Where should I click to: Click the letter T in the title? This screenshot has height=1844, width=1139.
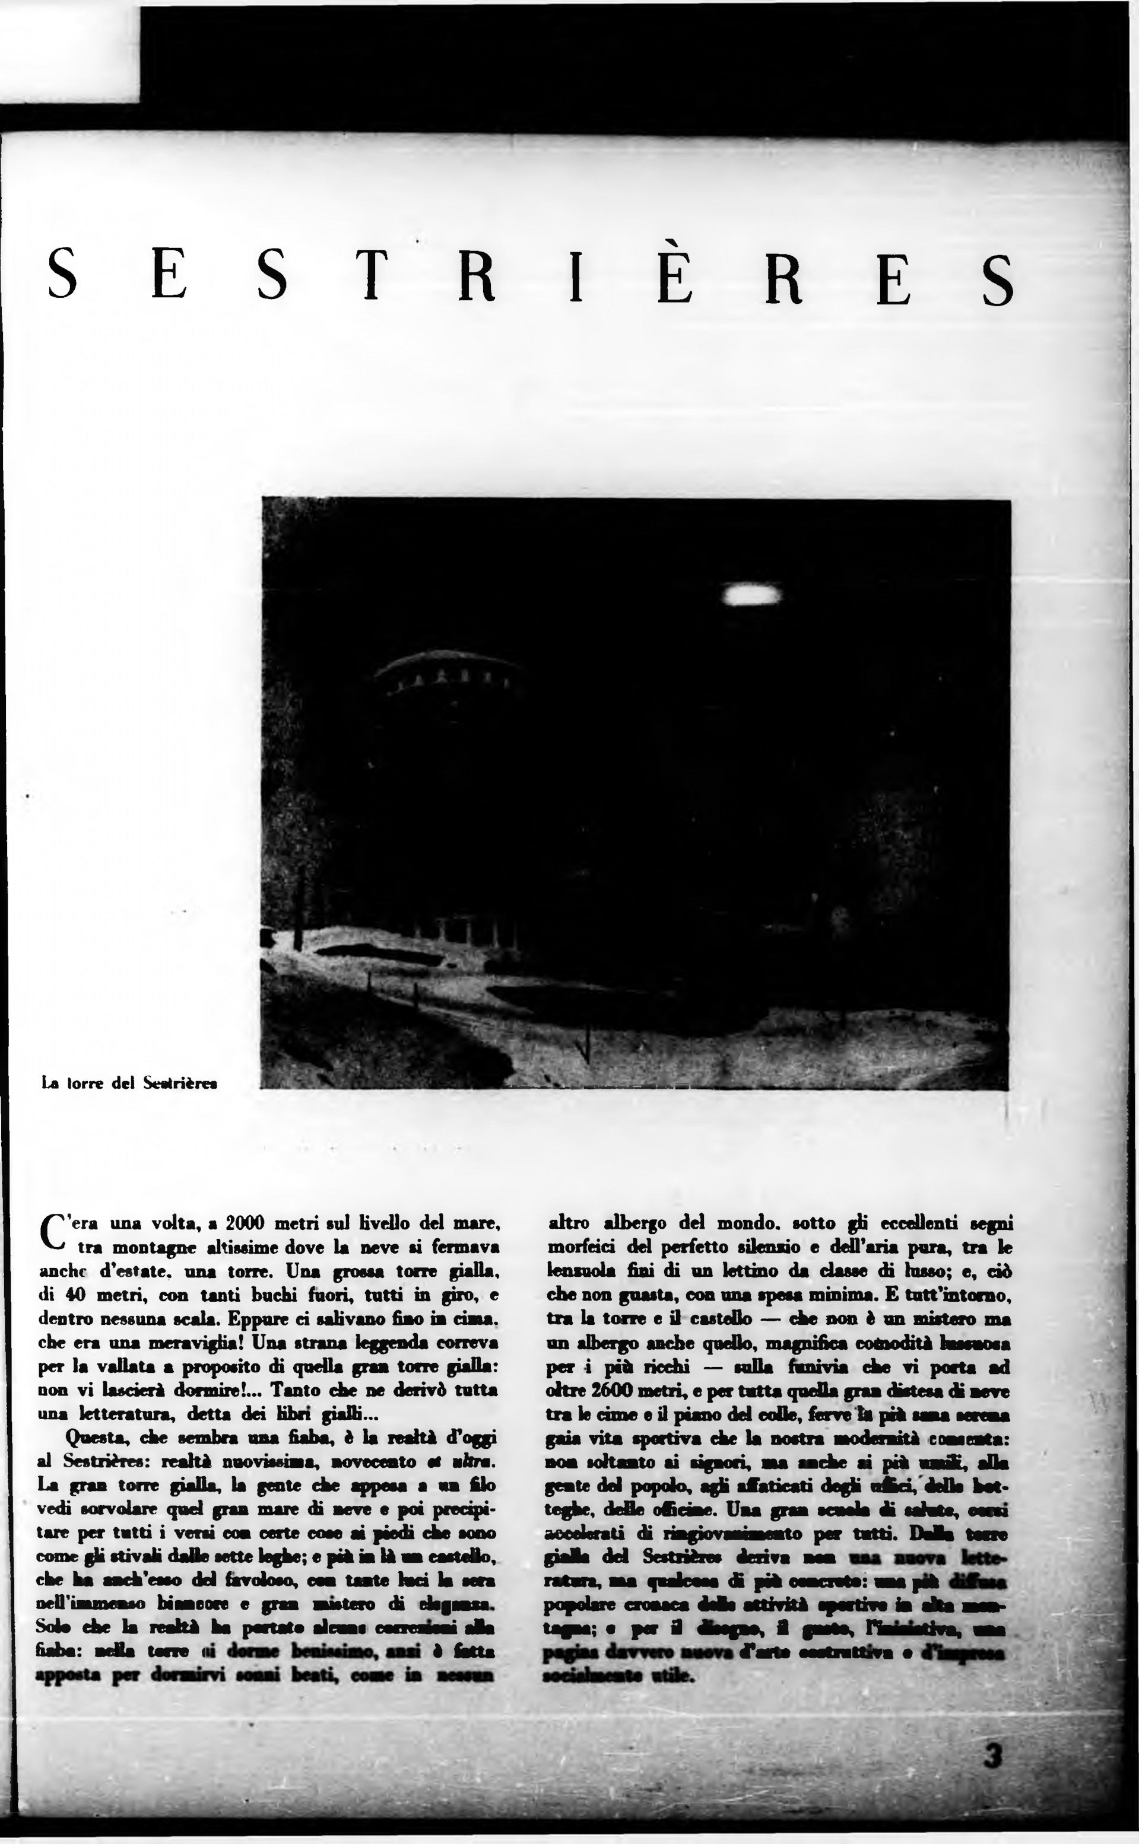[370, 275]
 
